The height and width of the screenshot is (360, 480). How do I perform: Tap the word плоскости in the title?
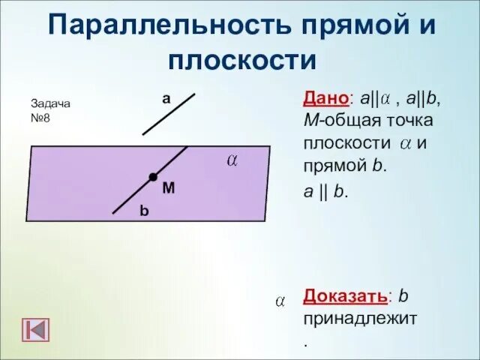[243, 58]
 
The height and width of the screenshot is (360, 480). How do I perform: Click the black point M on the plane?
[153, 177]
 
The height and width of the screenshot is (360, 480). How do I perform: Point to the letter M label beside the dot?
[168, 189]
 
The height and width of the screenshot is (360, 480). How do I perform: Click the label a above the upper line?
[166, 98]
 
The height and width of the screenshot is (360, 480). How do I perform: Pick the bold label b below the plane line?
[144, 212]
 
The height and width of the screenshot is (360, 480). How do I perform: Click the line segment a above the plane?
[169, 113]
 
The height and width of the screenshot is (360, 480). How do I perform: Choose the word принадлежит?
[360, 318]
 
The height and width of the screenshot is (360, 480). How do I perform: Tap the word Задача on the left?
[50, 104]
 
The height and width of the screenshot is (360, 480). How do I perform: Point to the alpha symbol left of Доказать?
[279, 301]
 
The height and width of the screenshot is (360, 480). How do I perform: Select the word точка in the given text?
[413, 121]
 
